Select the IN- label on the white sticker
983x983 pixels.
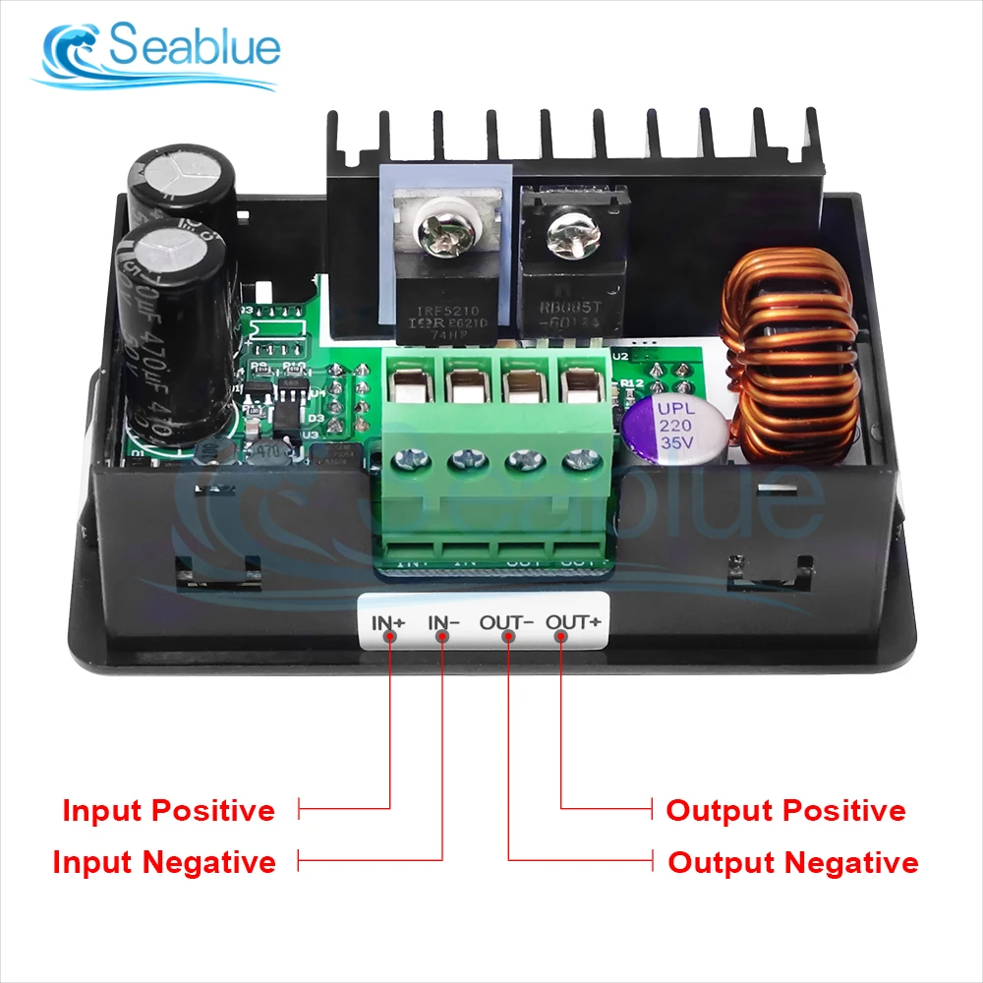(444, 621)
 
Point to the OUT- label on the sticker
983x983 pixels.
(506, 621)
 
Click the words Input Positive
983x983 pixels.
(168, 811)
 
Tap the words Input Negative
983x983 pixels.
(164, 862)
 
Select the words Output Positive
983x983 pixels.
(785, 811)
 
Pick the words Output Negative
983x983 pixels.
(792, 863)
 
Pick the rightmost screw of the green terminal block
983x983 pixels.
(576, 458)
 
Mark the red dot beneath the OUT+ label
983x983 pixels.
(561, 637)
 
